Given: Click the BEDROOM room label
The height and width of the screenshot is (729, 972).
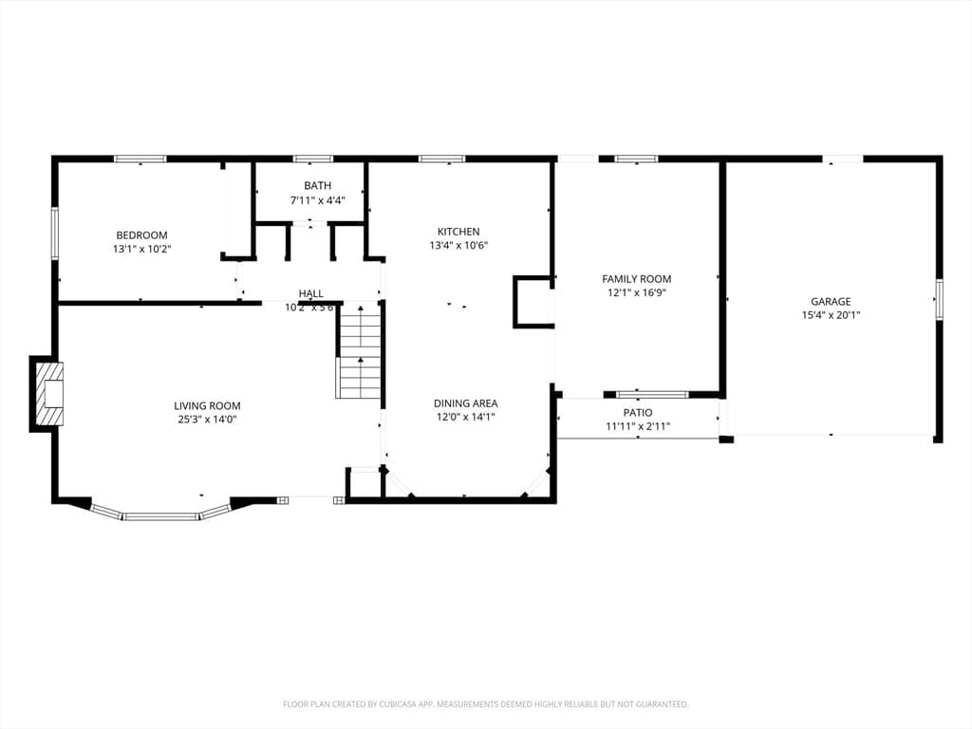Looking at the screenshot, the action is click(142, 235).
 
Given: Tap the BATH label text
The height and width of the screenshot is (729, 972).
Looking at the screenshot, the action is click(317, 186).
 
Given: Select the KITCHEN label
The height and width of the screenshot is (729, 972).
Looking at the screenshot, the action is click(458, 232).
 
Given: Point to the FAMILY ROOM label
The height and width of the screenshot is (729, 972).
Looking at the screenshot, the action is click(637, 280).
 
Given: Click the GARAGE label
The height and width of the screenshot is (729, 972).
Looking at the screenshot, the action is click(831, 302).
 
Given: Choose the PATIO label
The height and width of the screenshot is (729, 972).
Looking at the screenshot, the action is click(638, 413).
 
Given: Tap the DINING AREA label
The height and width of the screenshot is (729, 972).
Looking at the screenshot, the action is click(465, 403).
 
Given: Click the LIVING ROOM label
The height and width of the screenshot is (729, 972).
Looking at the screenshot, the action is click(207, 406).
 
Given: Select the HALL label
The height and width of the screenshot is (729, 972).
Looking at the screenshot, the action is click(311, 294).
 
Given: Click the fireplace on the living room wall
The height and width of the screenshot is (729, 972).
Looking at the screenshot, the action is click(47, 394).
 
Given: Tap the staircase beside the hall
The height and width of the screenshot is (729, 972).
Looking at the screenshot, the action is click(358, 350).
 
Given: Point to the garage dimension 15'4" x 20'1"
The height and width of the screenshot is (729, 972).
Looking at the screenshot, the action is click(831, 315).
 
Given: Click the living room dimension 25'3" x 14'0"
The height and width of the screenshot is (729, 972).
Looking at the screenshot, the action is click(207, 420).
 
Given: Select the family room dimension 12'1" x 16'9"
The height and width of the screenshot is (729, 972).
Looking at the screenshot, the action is click(637, 293).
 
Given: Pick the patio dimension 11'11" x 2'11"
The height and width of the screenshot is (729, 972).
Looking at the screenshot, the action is click(638, 426).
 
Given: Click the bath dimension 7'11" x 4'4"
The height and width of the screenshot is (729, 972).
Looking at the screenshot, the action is click(317, 200).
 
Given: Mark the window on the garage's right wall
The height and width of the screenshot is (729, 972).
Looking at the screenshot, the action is click(939, 299).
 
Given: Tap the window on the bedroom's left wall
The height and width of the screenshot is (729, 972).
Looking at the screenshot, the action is click(54, 234).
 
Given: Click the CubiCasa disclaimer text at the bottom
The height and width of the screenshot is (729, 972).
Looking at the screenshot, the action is click(486, 704).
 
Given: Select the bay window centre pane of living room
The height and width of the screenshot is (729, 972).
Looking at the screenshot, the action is click(161, 515).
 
